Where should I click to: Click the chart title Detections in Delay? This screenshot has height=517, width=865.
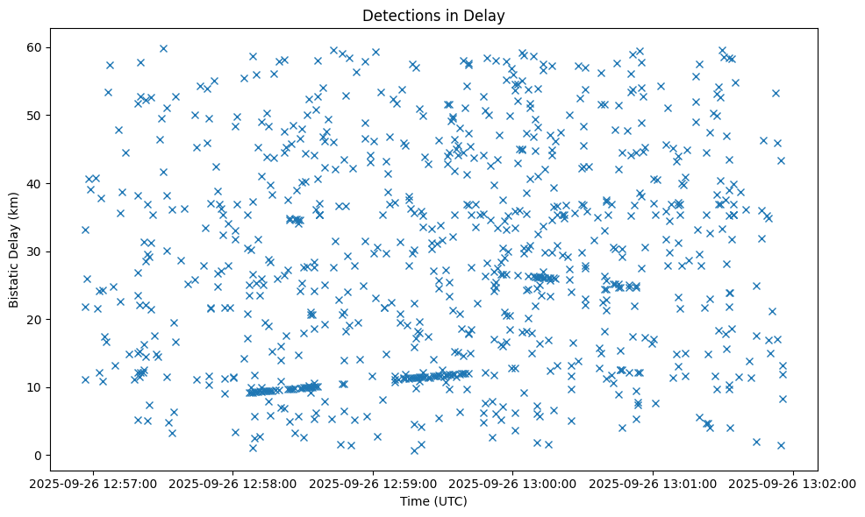(x=433, y=15)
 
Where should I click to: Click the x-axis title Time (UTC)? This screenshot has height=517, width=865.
(x=433, y=501)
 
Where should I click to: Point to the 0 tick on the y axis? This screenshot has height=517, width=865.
(x=39, y=456)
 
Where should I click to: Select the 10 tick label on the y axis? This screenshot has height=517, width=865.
(x=35, y=387)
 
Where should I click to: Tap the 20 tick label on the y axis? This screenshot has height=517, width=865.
(x=35, y=320)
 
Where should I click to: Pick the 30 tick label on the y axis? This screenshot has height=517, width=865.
(x=35, y=251)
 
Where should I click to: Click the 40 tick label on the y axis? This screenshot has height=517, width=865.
(x=35, y=184)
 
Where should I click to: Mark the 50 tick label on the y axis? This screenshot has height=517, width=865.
(x=35, y=116)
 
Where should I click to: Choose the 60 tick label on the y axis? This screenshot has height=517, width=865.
(x=35, y=47)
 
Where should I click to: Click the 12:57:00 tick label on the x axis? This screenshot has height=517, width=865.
(x=93, y=483)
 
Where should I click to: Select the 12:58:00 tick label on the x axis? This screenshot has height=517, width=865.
(x=233, y=483)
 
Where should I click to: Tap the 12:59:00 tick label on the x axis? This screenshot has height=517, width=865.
(x=374, y=483)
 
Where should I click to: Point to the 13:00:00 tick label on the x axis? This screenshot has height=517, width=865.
(x=514, y=483)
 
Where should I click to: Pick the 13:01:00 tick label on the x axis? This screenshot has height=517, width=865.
(x=654, y=483)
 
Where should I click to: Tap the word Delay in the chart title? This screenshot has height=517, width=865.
(x=487, y=15)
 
